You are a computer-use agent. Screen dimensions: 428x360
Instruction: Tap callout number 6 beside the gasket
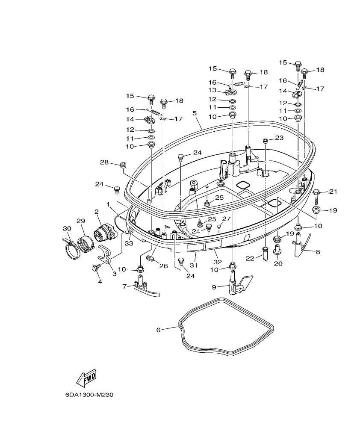point(158,330)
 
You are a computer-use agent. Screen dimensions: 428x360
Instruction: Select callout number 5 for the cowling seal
point(195,114)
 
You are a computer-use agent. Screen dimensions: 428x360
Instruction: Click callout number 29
point(81,221)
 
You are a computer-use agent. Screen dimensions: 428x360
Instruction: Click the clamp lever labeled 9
point(236,285)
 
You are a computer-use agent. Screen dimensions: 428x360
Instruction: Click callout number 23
point(279,138)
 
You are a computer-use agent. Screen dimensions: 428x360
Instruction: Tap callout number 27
point(226,218)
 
